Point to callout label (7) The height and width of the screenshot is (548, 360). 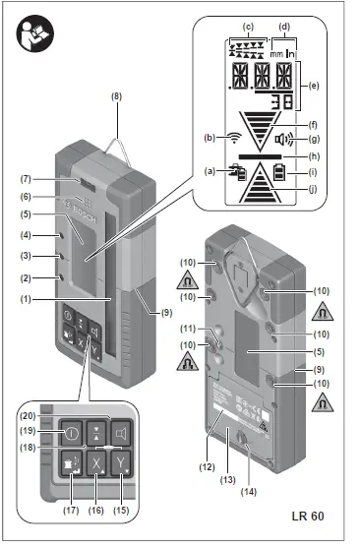[27, 178]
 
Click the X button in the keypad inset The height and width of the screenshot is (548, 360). [96, 462]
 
